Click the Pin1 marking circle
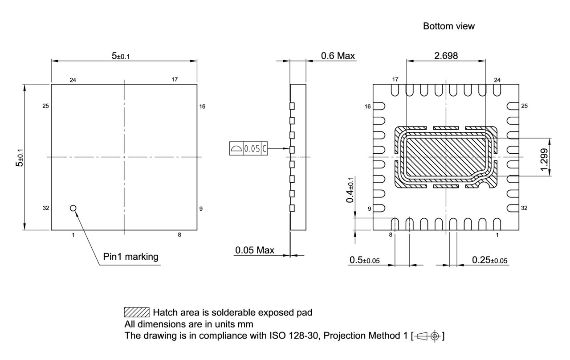point(73,208)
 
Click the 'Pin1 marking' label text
point(130,257)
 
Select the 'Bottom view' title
point(448,26)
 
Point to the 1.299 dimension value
point(545,158)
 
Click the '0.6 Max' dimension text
point(338,56)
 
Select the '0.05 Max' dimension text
point(255,250)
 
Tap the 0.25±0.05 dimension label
point(490,260)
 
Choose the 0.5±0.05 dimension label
point(364,260)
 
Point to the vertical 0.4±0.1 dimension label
point(351,189)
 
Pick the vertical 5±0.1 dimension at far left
point(19,157)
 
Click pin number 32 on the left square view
point(46,208)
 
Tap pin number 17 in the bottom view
point(395,80)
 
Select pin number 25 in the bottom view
point(524,106)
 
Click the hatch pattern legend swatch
point(136,312)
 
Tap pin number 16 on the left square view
point(202,106)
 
